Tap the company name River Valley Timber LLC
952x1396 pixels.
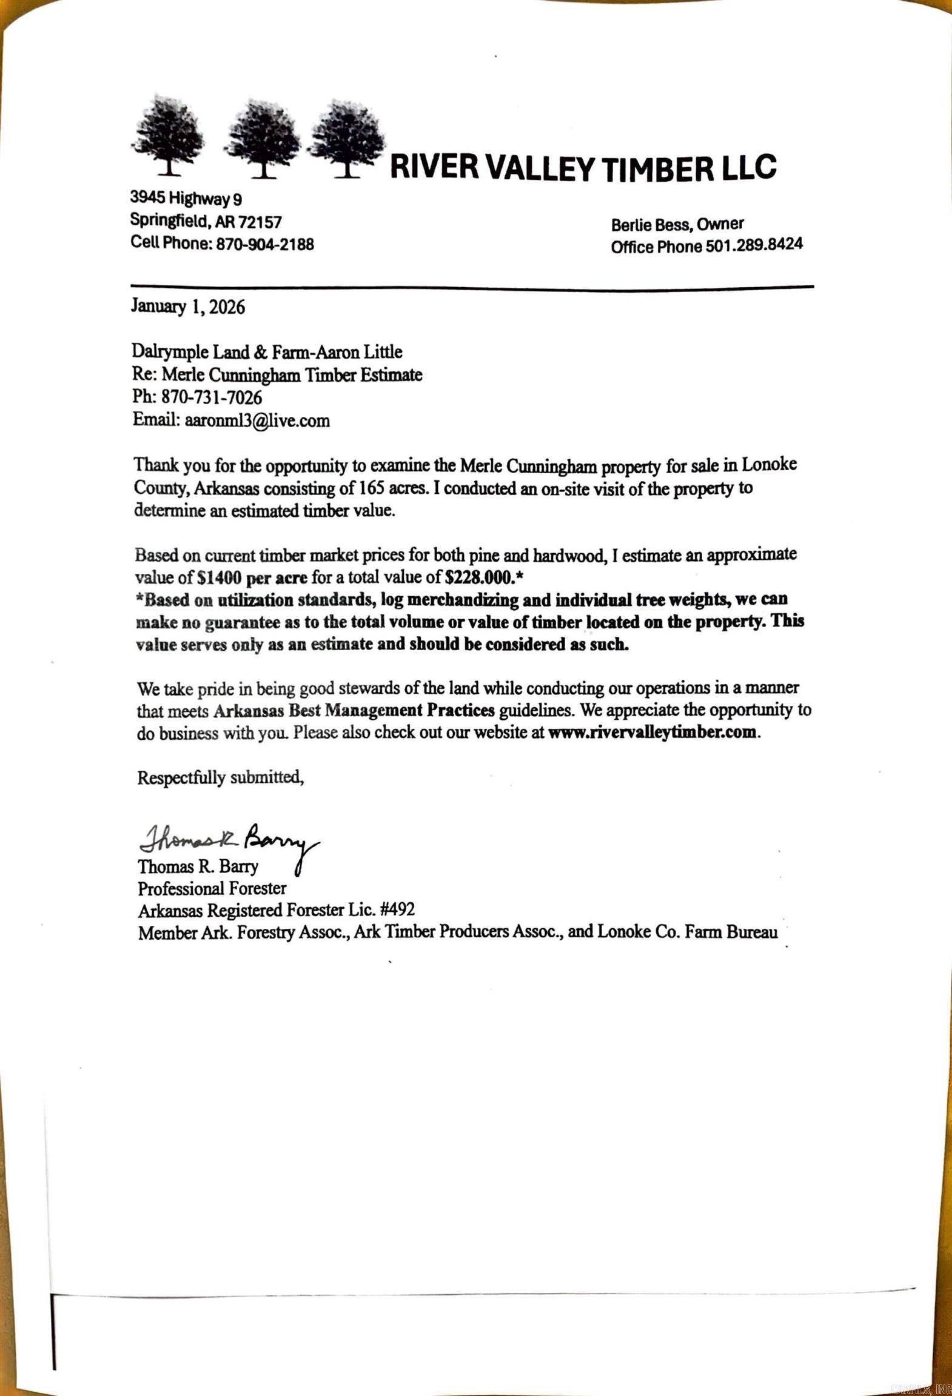582,168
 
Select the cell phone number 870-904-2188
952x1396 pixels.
265,244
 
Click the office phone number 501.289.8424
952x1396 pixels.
754,245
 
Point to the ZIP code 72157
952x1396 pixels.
260,222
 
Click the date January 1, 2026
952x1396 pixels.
188,307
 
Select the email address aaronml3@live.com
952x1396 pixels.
257,420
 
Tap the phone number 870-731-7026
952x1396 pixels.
212,397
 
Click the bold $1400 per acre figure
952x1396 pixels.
252,576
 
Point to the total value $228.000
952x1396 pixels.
480,576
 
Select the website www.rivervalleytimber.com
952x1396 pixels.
652,732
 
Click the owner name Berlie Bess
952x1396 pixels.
651,225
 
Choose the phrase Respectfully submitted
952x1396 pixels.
220,777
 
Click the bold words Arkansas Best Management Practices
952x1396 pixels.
354,710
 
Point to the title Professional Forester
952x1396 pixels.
212,888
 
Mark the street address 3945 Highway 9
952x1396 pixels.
186,198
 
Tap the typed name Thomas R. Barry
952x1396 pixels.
198,866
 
